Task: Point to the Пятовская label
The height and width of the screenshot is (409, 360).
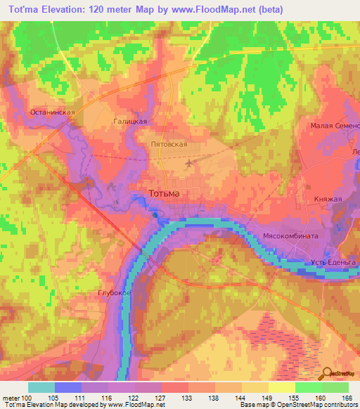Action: [x=169, y=143]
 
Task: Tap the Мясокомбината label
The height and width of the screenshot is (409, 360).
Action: [x=290, y=236]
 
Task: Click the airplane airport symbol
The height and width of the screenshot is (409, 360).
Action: [x=189, y=163]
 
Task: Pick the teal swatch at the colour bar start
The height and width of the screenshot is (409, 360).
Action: [x=41, y=387]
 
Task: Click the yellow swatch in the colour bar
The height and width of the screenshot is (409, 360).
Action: [x=281, y=387]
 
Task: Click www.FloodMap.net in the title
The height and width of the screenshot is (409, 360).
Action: [x=236, y=9]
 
